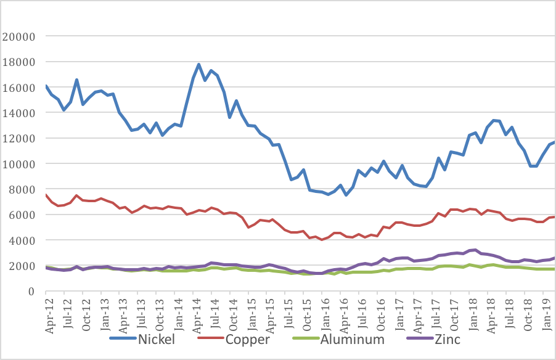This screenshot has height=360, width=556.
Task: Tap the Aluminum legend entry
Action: coord(351,339)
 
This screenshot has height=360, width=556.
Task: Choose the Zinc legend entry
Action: coord(445,339)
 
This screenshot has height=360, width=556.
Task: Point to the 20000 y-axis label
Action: coord(20,36)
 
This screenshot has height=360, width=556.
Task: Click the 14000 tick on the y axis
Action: coord(20,113)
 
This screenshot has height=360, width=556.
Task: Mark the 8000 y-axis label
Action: coord(23,189)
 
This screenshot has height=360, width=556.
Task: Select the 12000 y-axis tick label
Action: coord(20,139)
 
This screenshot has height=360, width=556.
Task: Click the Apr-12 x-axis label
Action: coord(50,316)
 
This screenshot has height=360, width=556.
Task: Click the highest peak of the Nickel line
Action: coord(198,64)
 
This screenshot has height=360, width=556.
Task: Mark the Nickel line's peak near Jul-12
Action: coord(76,80)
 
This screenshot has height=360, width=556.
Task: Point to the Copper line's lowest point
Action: coord(321,240)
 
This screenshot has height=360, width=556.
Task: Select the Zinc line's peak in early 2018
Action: coord(475,250)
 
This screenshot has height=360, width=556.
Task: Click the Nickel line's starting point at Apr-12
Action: coord(46,86)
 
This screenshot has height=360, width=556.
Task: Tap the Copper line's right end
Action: coord(554,216)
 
